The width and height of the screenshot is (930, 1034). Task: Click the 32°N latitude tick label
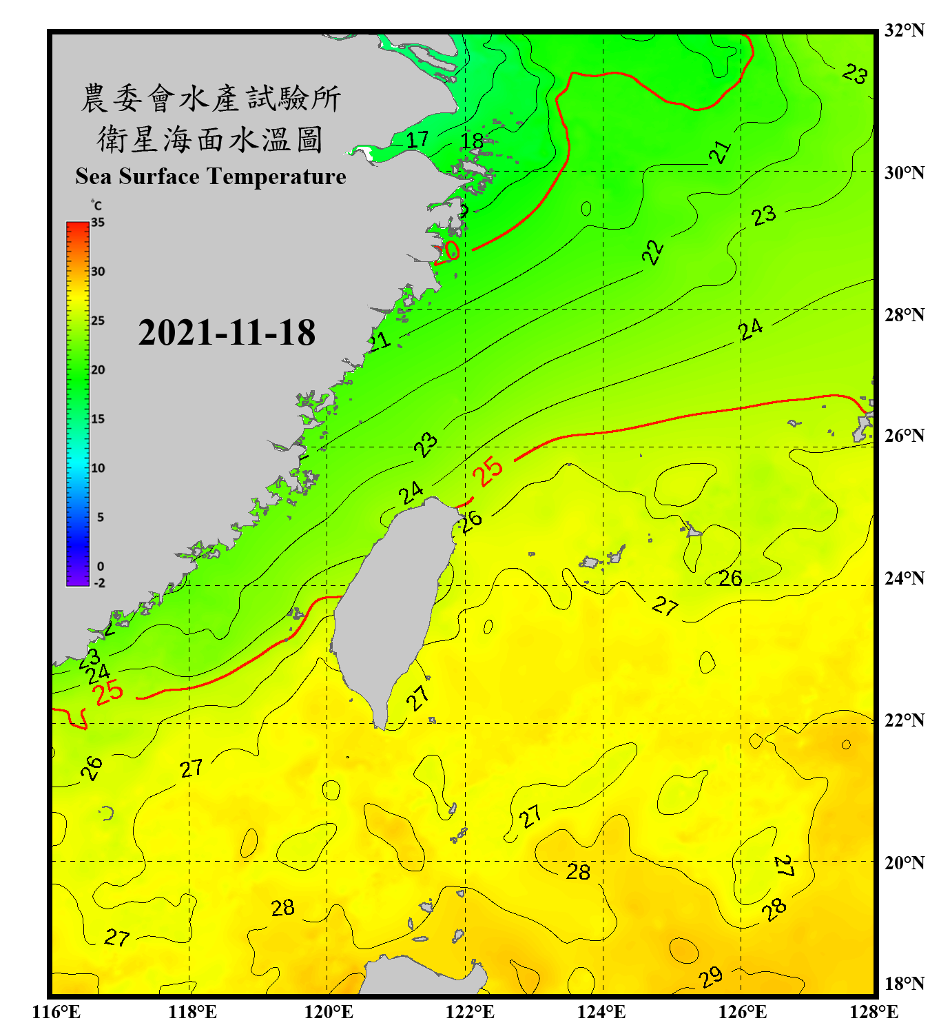(x=904, y=30)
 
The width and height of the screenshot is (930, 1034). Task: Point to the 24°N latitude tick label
(x=904, y=578)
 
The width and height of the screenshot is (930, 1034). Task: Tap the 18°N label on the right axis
(x=904, y=983)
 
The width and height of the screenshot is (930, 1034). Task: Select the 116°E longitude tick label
(x=56, y=1012)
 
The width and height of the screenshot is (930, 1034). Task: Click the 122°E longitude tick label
(x=470, y=1012)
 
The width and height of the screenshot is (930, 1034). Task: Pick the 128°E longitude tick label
(x=874, y=1012)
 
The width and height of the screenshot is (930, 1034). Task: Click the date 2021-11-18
(x=227, y=333)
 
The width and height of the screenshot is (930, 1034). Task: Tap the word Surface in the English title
(x=159, y=176)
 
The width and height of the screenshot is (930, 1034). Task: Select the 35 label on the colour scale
(x=98, y=223)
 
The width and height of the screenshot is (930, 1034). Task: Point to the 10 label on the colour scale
(x=98, y=468)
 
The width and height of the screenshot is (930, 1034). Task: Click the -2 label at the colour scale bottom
(x=99, y=582)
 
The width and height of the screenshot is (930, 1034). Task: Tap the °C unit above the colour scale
(x=96, y=205)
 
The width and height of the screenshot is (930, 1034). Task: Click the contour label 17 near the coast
(x=417, y=140)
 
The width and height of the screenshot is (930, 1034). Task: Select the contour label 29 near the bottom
(x=710, y=976)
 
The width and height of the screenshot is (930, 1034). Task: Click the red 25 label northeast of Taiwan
(x=488, y=472)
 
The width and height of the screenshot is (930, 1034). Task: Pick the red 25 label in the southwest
(x=108, y=691)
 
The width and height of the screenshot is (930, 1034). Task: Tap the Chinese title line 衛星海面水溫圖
(x=210, y=139)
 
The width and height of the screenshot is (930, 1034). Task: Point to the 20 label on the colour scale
(x=98, y=369)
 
